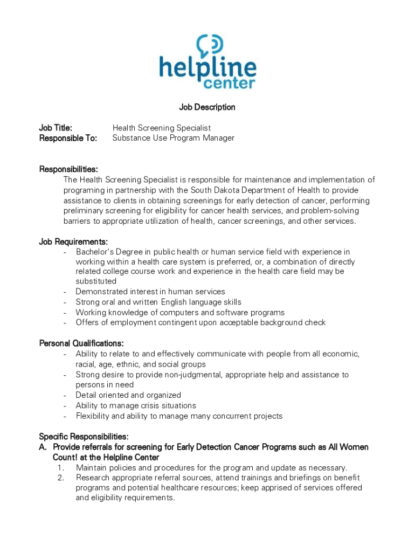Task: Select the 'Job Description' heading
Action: coord(207,107)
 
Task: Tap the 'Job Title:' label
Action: coord(56,128)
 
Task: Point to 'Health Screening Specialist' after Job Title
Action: coord(161,128)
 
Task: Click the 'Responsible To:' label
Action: coord(68,138)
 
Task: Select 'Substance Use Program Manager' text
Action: coord(173,138)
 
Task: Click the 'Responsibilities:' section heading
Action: coord(68,169)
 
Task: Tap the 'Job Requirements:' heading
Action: coord(73,241)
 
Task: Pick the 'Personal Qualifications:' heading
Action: coord(81,343)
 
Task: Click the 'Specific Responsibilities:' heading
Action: coord(84,437)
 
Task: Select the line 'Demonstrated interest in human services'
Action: coord(150,292)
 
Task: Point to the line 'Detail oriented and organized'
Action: coord(128,395)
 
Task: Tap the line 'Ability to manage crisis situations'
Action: coord(136,405)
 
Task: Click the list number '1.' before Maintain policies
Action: coord(61,467)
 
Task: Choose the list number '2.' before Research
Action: coord(61,478)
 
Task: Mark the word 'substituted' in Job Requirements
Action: coord(96,281)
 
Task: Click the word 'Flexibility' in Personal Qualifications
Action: coord(94,416)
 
